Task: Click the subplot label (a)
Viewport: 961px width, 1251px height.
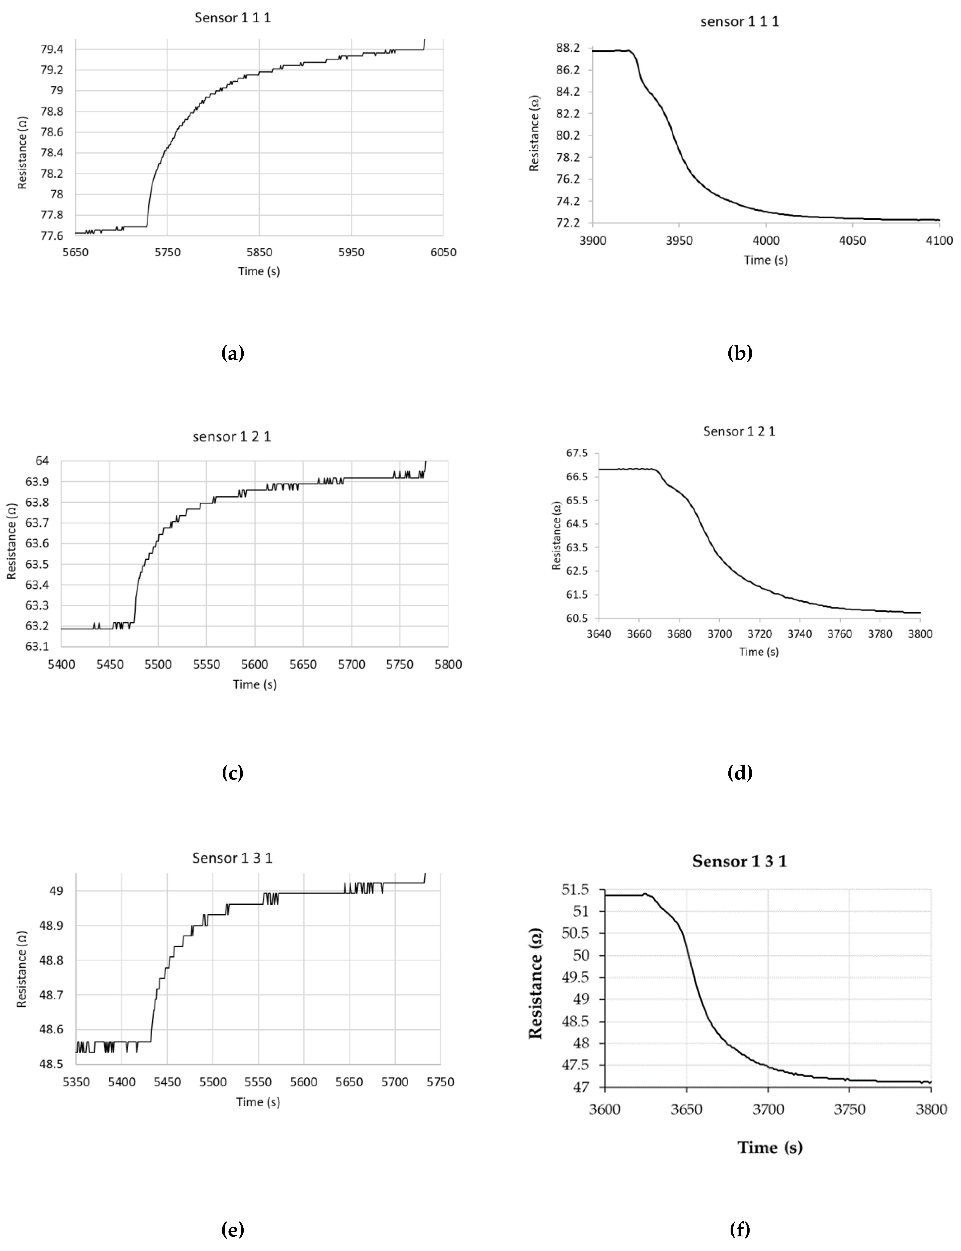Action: [x=232, y=353]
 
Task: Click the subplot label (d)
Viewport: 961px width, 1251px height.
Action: [x=740, y=773]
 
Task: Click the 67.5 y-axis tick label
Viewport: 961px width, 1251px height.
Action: [x=577, y=453]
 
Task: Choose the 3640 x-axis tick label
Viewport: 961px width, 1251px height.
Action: [x=599, y=633]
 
